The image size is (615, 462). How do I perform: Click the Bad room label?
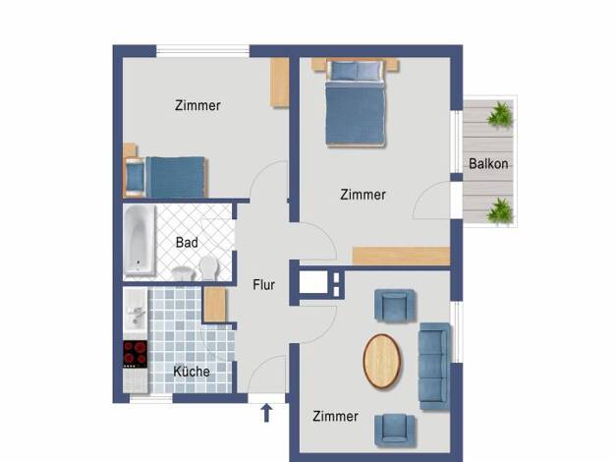tap(187, 243)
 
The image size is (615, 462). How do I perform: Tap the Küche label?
tap(192, 372)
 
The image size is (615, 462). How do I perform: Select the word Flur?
tap(263, 285)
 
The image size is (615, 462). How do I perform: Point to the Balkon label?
tap(488, 164)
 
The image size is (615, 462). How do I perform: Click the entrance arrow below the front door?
tap(266, 413)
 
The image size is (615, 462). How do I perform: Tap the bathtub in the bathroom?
tap(140, 240)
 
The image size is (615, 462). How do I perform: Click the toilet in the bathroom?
tap(208, 267)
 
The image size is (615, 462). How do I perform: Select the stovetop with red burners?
tap(136, 354)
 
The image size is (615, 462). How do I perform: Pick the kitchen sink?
tap(136, 312)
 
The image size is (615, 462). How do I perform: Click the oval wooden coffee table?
tap(382, 362)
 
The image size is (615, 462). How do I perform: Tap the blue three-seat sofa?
tap(434, 367)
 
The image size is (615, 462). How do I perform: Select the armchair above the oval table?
tap(395, 306)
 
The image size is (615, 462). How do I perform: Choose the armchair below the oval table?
tap(395, 431)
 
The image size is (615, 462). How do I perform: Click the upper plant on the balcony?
tap(500, 114)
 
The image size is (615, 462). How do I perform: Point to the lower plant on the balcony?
tap(500, 210)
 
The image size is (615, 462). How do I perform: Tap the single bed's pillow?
tap(135, 178)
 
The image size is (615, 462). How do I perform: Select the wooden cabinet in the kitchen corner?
tap(215, 305)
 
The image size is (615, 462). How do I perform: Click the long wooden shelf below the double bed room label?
tap(401, 256)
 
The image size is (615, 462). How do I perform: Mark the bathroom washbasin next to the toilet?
tap(183, 273)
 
